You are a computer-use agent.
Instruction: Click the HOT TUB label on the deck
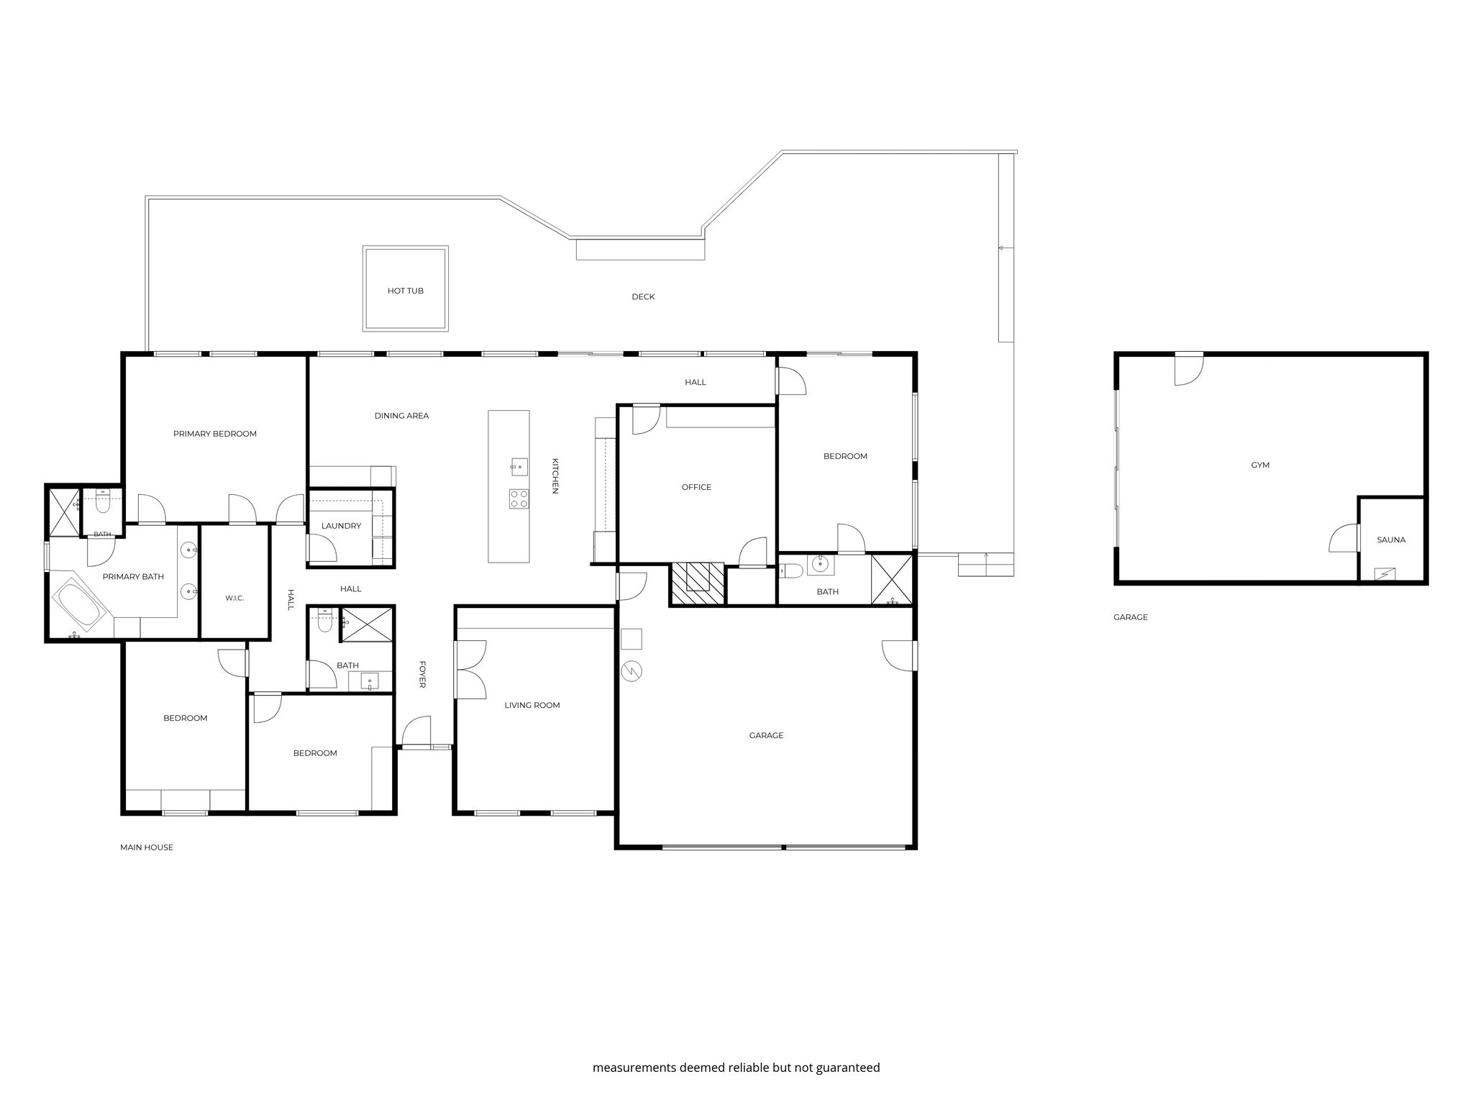(x=406, y=291)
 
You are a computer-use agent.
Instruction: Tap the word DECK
(x=643, y=296)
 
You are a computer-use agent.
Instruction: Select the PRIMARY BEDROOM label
(x=215, y=434)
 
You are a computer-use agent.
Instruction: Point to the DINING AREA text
(x=401, y=416)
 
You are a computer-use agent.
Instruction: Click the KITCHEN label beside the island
(x=555, y=476)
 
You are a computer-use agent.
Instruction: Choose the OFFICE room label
(x=696, y=487)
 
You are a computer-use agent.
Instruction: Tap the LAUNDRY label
(x=341, y=526)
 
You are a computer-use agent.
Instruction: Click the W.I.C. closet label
(x=234, y=598)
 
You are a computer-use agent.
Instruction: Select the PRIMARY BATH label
(x=133, y=576)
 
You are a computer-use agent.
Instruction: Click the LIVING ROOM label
(x=532, y=705)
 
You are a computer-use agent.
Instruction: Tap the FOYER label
(x=422, y=674)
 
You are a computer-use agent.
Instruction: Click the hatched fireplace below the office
(x=697, y=584)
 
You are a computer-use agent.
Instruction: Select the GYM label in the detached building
(x=1260, y=465)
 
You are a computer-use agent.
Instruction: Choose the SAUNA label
(x=1391, y=540)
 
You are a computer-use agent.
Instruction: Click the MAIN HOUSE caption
(x=147, y=847)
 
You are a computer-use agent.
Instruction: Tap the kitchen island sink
(x=519, y=467)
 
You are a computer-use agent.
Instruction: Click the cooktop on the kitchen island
(x=519, y=499)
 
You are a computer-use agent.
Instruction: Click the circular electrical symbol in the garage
(x=631, y=672)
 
